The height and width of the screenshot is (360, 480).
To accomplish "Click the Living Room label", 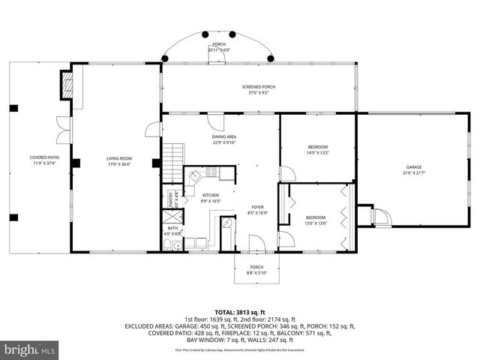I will click(118, 158).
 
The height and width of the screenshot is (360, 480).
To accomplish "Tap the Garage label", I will click(414, 167).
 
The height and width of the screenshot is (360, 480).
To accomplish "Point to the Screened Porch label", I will click(258, 88).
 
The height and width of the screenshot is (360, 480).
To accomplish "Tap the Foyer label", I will click(257, 206).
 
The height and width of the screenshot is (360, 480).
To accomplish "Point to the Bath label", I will click(172, 228).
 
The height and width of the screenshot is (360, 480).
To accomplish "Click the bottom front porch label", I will click(256, 267).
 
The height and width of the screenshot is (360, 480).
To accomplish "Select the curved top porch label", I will click(218, 44).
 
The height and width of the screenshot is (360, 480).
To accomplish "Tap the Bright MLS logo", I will click(30, 349).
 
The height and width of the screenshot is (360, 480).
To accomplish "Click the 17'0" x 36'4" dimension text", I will click(118, 163).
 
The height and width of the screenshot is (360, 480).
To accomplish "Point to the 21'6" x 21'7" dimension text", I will click(414, 172).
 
